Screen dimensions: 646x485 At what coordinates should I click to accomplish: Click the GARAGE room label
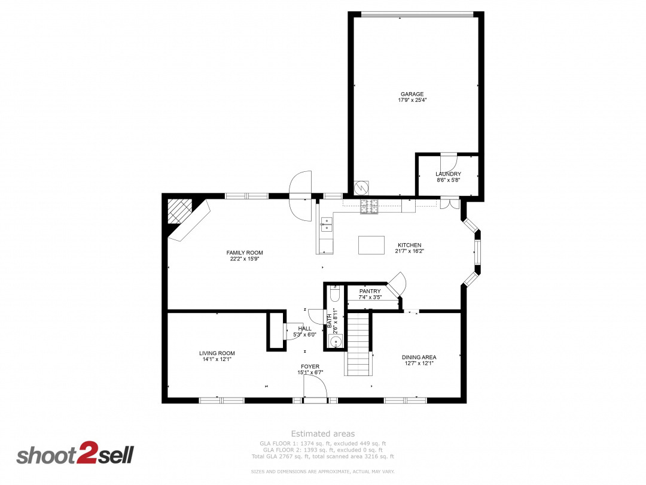tap(412, 94)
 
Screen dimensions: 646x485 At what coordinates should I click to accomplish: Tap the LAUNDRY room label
tap(448, 174)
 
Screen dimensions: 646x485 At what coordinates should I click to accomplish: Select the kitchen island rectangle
tap(371, 245)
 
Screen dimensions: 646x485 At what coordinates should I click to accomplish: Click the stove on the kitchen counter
tap(369, 206)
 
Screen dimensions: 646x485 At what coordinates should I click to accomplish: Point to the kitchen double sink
tap(327, 225)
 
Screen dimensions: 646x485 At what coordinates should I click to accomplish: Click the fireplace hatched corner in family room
tap(179, 211)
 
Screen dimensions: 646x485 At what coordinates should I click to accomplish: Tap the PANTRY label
tap(370, 291)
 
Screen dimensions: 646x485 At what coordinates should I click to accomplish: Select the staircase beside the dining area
tap(358, 344)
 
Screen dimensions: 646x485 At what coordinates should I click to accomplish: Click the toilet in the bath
tap(334, 293)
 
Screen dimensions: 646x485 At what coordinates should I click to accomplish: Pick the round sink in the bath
tap(336, 342)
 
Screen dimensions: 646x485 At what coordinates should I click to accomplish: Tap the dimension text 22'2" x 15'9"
tap(245, 259)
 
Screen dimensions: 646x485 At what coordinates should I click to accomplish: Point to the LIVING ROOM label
tap(217, 353)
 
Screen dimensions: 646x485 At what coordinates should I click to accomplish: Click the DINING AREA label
tap(419, 357)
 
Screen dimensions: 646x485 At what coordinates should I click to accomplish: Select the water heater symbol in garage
tap(361, 188)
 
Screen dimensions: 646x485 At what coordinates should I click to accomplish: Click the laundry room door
tap(449, 160)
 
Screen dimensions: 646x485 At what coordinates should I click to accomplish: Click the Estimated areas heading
tap(323, 434)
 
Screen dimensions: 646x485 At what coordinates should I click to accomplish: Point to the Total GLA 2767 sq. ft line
tap(322, 456)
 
